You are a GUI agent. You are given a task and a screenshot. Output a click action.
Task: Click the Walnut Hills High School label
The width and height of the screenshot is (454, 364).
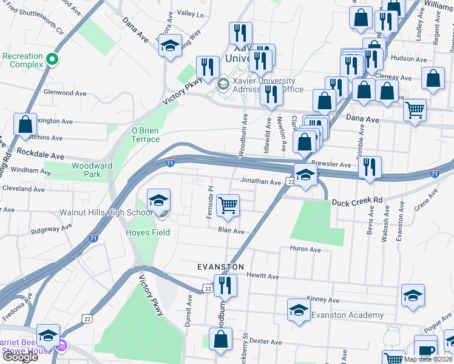pyautogui.click(x=106, y=213)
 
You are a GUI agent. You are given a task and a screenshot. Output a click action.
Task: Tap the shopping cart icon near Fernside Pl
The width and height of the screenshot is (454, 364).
pyautogui.click(x=228, y=205)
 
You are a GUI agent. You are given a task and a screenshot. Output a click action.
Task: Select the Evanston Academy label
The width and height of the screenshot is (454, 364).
pyautogui.click(x=347, y=315)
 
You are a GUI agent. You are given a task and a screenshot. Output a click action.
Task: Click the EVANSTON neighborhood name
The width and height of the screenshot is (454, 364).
pyautogui.click(x=220, y=267)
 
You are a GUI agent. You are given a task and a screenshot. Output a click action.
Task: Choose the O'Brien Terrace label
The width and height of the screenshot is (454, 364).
pyautogui.click(x=146, y=135)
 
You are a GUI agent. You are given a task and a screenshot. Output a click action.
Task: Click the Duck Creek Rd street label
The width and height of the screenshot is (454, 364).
pyautogui.click(x=361, y=200)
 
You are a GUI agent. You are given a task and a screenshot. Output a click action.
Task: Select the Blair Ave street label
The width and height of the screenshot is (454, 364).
pyautogui.click(x=231, y=231)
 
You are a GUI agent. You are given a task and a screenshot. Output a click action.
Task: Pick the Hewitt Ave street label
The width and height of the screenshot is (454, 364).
pyautogui.click(x=263, y=277)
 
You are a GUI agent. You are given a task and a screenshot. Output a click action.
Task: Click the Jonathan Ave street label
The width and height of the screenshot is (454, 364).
pyautogui.click(x=260, y=181)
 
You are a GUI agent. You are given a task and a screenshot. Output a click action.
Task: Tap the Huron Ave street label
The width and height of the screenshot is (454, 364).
pyautogui.click(x=305, y=249)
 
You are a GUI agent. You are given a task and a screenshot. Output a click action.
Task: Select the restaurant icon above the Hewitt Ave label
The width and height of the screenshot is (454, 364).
pyautogui.click(x=224, y=285)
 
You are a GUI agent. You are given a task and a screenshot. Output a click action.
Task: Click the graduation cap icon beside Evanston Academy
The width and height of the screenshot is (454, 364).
pyautogui.click(x=298, y=310)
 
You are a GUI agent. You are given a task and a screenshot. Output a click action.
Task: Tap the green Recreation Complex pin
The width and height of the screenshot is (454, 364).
pyautogui.click(x=52, y=59)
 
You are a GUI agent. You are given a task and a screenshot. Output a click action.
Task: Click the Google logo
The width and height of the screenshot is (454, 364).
pyautogui.click(x=20, y=357)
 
